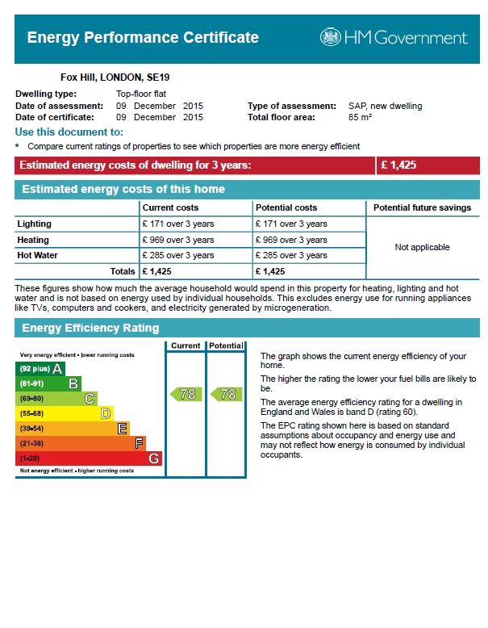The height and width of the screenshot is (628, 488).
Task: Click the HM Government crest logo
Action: point(331,37)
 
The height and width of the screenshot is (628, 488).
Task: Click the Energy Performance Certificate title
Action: point(143,37)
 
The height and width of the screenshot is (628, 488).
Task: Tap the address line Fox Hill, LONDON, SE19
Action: point(115,77)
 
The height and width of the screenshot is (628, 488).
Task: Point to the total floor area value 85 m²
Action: point(360,117)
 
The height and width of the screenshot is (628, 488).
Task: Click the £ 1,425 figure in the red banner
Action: point(398,165)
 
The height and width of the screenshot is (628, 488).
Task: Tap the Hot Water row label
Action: point(37,255)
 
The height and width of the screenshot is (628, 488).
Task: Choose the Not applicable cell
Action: point(422,247)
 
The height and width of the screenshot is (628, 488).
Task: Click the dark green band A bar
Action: point(40,369)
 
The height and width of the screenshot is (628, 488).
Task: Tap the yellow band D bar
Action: point(65,413)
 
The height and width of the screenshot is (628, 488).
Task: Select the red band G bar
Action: point(89,458)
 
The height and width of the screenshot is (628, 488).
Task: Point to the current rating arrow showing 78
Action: point(186,394)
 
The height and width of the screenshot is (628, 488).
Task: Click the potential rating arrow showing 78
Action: point(226,394)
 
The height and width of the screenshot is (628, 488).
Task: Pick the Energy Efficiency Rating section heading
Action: point(90,328)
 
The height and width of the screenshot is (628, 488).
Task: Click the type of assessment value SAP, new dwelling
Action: point(385,106)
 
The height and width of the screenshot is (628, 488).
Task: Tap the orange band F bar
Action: point(81,443)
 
